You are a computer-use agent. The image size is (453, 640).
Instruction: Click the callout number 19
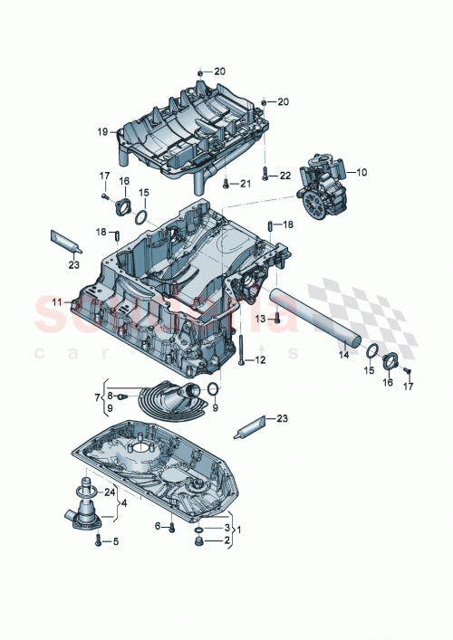click(x=102, y=131)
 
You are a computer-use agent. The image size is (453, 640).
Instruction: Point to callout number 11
click(x=56, y=301)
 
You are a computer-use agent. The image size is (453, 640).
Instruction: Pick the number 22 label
click(x=284, y=175)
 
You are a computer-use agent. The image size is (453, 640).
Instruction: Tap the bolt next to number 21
click(x=225, y=185)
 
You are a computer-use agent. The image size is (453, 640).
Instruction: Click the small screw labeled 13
click(x=278, y=319)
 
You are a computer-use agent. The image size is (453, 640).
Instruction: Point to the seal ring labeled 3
click(x=200, y=527)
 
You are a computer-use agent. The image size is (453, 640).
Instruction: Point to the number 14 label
click(x=344, y=356)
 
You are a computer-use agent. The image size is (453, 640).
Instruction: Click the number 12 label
click(x=261, y=359)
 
